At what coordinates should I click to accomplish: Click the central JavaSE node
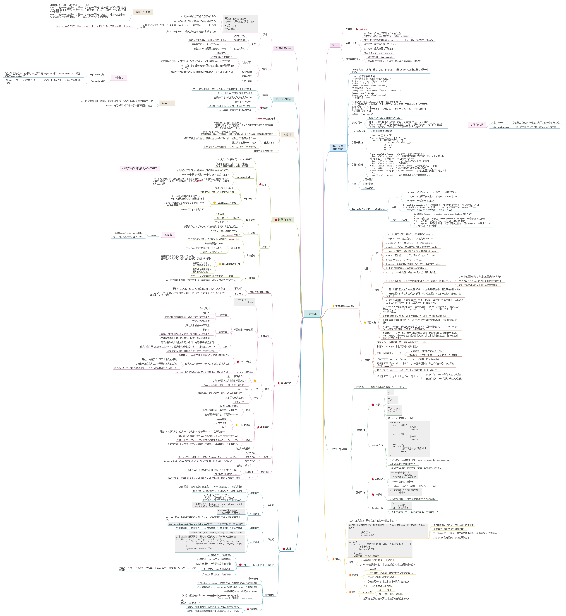(312, 314)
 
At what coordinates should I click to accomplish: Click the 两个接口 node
(119, 78)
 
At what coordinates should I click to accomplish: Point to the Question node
(167, 103)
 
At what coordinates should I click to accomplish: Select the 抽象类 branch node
(287, 135)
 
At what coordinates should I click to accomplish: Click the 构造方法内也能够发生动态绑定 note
(140, 168)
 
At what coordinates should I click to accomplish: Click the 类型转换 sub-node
(371, 323)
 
